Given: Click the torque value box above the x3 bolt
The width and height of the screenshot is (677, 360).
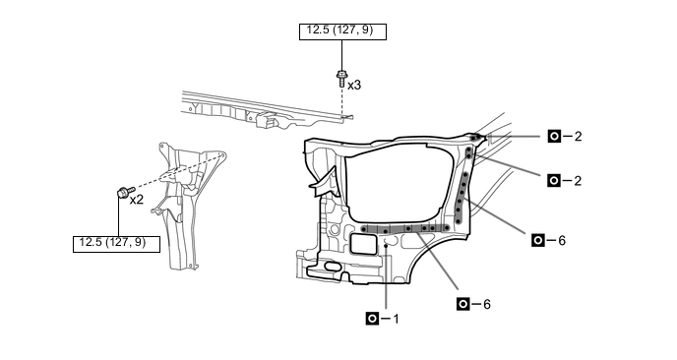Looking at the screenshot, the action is coord(342,31).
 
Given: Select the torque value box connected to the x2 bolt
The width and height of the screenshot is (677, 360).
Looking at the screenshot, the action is coord(116,244).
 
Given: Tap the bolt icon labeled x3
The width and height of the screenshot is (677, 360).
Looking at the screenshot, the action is coord(341,79).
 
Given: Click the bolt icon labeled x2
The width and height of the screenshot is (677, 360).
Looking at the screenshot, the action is coord(125,192).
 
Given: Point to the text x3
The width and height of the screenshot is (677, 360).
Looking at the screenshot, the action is coord(354,86).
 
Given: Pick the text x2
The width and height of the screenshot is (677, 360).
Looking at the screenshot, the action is coord(137,200).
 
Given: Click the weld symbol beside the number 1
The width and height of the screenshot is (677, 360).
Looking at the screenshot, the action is coord(372,319).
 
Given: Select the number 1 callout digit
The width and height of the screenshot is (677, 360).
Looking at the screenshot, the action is coord(396,319).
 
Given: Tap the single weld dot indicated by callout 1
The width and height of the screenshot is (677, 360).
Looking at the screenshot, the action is coord(386,246).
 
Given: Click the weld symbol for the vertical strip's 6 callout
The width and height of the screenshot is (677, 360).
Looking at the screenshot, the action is coord(538,240).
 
